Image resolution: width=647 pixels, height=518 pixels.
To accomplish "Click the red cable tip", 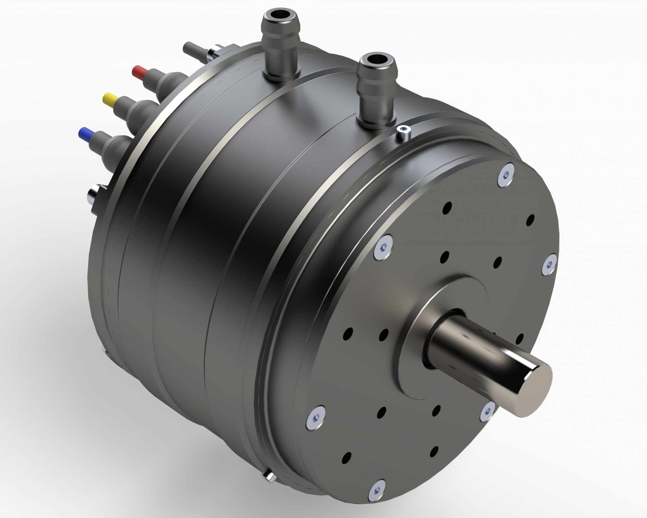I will [x=138, y=70].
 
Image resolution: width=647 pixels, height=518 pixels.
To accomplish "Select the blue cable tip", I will [x=84, y=132].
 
